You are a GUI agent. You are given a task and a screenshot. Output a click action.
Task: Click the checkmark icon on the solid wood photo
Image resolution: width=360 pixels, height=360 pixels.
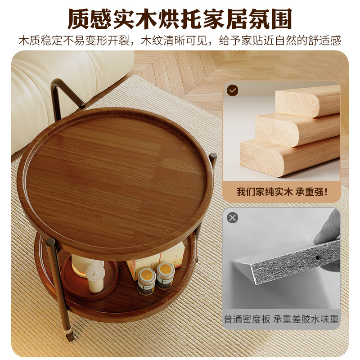232,90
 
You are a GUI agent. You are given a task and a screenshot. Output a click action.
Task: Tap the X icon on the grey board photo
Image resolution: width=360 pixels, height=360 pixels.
232,218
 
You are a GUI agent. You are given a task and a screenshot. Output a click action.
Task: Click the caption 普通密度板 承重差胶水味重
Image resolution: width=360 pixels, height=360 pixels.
282,319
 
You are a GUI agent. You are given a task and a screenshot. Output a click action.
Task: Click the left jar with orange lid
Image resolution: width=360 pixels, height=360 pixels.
146,280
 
